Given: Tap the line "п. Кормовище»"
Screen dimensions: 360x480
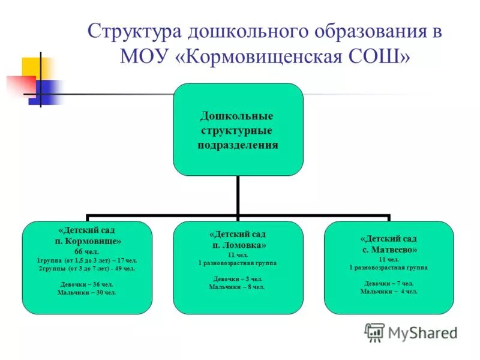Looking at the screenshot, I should (87, 241).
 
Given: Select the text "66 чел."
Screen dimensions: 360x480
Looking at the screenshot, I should (87, 251).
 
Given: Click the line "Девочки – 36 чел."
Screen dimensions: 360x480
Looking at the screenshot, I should (87, 284).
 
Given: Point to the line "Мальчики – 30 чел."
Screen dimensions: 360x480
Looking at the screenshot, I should (87, 292).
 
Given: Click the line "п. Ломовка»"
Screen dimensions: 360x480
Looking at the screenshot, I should (238, 245).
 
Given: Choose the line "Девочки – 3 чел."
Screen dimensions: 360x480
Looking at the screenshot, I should (238, 279).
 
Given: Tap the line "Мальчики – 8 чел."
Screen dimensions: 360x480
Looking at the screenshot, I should (238, 287).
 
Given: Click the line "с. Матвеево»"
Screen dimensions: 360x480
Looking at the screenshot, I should (389, 249).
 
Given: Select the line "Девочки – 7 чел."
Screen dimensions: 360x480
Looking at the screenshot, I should (389, 283).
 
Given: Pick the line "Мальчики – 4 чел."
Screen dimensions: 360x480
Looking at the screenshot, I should (389, 291).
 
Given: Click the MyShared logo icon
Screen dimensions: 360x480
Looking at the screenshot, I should (375, 332).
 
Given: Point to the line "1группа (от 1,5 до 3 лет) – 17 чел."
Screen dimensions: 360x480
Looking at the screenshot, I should (87, 260).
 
